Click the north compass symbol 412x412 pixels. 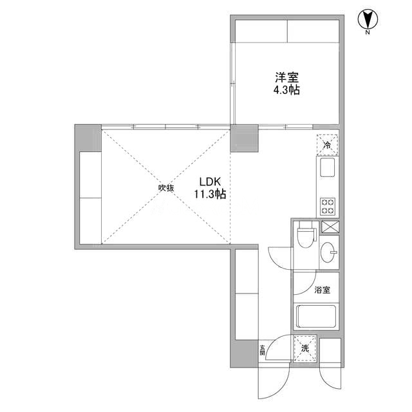pos(368,19)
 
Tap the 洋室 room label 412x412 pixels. pos(286,77)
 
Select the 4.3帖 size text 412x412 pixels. pos(286,90)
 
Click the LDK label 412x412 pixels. pos(210,182)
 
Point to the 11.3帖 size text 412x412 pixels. pos(210,194)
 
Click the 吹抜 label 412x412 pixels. pos(166,188)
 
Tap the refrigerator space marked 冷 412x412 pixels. pos(328,145)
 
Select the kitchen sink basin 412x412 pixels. pos(328,167)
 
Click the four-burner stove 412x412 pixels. pos(328,206)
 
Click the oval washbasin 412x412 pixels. pos(328,252)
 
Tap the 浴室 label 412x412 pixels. pos(323,290)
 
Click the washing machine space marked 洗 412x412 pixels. pos(305,348)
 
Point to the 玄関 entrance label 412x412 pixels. pos(262,350)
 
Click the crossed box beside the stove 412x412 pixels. pos(330,227)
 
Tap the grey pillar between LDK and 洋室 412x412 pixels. pos(245,138)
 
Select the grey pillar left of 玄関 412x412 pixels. pos(244,353)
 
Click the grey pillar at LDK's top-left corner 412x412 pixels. pos(88,138)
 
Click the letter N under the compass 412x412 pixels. pos(368,33)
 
